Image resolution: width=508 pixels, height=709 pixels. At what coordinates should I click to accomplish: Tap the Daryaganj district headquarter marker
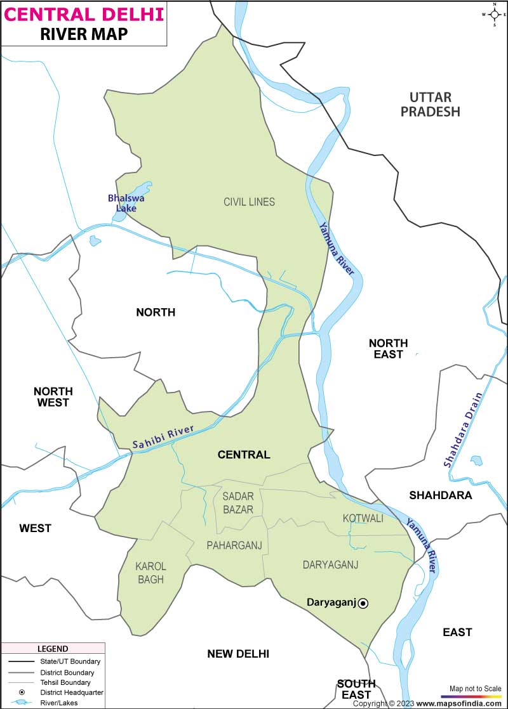click(363, 604)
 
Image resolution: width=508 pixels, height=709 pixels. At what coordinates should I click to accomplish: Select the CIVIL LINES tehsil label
click(249, 202)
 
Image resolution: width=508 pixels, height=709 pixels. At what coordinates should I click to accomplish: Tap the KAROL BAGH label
click(150, 573)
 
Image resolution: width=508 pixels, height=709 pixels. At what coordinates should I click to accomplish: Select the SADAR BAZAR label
click(238, 502)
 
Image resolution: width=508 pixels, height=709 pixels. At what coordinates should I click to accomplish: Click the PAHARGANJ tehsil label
click(234, 545)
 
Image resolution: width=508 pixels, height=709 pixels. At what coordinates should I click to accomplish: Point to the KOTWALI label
click(363, 518)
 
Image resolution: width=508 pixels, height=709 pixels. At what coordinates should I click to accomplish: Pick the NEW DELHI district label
click(238, 654)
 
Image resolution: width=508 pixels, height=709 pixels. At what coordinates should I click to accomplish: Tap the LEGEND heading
click(53, 649)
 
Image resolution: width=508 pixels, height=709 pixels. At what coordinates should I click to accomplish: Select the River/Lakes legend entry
click(70, 703)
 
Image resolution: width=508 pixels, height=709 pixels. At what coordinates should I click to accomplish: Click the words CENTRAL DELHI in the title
click(84, 13)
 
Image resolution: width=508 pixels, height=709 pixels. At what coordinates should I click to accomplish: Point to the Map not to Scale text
click(475, 688)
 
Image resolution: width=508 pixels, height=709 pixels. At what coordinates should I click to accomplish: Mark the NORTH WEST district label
click(53, 396)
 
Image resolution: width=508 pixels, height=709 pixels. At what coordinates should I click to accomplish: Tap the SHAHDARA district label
click(441, 495)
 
